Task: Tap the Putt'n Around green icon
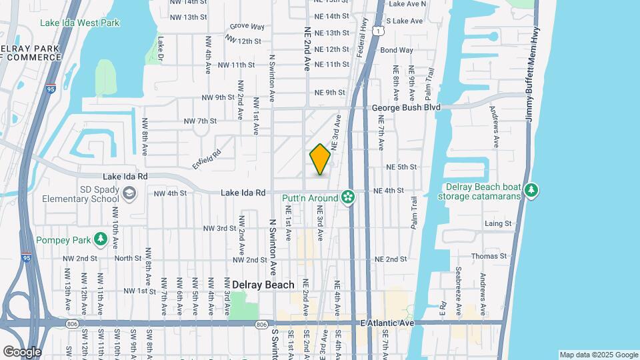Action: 347,197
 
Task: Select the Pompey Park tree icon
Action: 100,239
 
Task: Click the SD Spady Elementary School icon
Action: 128,193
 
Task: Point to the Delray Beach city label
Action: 263,285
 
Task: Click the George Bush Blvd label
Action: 406,107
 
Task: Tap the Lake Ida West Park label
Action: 79,23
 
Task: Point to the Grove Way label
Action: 247,27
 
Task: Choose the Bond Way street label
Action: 397,50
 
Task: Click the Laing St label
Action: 498,223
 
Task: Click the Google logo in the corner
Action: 22,351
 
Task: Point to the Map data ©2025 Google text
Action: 599,355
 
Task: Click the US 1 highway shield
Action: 378,31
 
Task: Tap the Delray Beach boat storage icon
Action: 531,191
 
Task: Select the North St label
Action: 127,258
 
